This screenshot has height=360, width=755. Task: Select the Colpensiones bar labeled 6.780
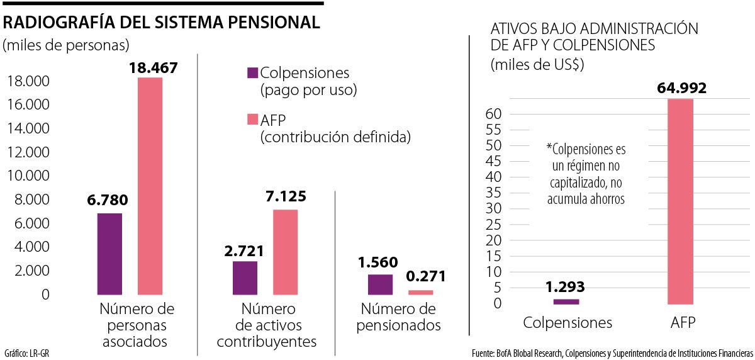click(109, 254)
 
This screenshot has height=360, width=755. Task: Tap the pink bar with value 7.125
click(285, 252)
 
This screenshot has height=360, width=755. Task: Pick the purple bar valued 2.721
click(245, 278)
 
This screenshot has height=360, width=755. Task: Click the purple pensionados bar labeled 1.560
click(380, 284)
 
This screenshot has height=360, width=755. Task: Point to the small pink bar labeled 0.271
click(420, 292)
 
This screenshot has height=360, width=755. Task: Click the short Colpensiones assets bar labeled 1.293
click(566, 301)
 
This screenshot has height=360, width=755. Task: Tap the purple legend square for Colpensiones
click(253, 72)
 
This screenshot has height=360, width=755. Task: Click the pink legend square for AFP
click(253, 120)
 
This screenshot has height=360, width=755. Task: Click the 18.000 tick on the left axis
click(28, 82)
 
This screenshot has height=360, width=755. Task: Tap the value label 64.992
click(681, 87)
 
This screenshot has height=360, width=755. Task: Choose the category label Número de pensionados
click(398, 317)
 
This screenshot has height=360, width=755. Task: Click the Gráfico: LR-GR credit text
click(26, 352)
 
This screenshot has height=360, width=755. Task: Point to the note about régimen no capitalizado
click(586, 174)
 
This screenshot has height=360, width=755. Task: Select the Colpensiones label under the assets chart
click(568, 323)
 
